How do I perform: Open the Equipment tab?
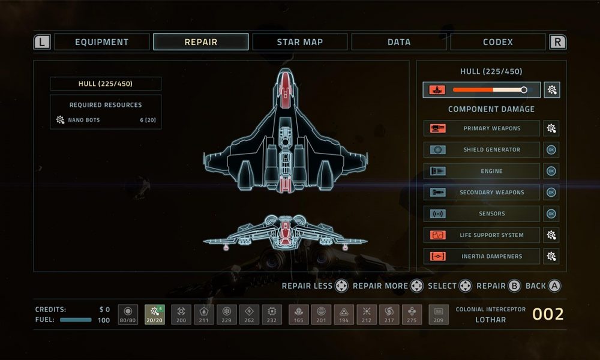pyautogui.click(x=102, y=42)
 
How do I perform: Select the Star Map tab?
pyautogui.click(x=299, y=42)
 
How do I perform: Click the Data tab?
pyautogui.click(x=399, y=42)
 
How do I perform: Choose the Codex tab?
pyautogui.click(x=498, y=42)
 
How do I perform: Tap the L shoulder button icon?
pyautogui.click(x=42, y=42)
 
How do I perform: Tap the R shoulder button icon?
pyautogui.click(x=557, y=42)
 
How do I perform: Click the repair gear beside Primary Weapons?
pyautogui.click(x=551, y=128)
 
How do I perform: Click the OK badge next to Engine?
pyautogui.click(x=551, y=171)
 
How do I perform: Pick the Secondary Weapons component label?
pyautogui.click(x=492, y=193)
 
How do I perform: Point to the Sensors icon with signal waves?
pyautogui.click(x=437, y=214)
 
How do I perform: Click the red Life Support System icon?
pyautogui.click(x=437, y=235)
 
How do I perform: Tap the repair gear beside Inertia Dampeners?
pyautogui.click(x=551, y=256)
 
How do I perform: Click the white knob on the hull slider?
pyautogui.click(x=523, y=90)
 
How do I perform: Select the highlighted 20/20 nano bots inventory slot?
pyautogui.click(x=155, y=314)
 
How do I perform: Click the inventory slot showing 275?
pyautogui.click(x=412, y=314)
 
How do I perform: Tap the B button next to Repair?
pyautogui.click(x=514, y=286)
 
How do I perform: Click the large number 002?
pyautogui.click(x=548, y=314)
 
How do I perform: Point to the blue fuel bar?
pyautogui.click(x=76, y=320)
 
